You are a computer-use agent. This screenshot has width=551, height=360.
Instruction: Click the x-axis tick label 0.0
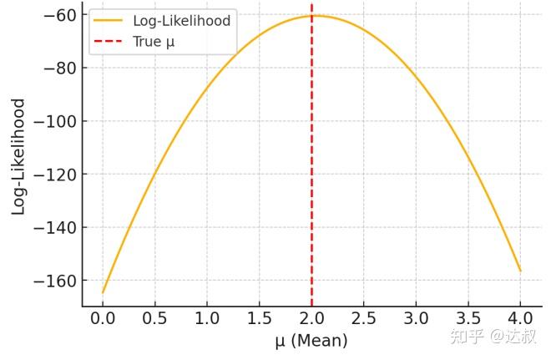(103, 319)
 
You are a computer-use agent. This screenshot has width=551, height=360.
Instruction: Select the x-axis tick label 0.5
(154, 319)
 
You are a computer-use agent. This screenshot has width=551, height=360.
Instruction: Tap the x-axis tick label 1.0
(207, 319)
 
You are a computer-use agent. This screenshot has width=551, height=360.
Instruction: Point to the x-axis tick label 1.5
(259, 319)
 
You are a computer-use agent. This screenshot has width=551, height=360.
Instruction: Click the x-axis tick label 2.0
(311, 319)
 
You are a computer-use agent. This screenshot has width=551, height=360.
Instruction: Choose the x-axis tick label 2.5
(363, 319)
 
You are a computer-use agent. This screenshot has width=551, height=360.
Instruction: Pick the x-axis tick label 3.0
(416, 319)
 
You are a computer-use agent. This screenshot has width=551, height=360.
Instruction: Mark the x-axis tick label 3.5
(468, 319)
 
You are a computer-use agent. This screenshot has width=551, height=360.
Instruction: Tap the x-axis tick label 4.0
(520, 319)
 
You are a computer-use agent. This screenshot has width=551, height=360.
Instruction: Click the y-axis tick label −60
(55, 15)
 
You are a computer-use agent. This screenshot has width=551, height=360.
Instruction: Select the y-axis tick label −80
(55, 68)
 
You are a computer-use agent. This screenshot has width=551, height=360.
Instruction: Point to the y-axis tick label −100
(51, 121)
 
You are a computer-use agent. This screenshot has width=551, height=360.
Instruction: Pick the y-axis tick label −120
(51, 175)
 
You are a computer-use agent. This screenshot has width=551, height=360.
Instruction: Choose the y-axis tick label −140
(51, 227)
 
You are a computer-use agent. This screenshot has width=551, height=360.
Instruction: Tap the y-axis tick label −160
(51, 281)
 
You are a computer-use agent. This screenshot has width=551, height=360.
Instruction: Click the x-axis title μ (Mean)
(311, 341)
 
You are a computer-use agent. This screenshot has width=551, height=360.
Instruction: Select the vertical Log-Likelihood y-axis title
(18, 156)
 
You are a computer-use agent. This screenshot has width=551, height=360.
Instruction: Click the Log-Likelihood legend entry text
(181, 20)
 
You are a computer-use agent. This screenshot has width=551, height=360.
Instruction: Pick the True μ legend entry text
(154, 41)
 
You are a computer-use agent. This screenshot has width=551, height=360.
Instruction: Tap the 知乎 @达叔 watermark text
(493, 337)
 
